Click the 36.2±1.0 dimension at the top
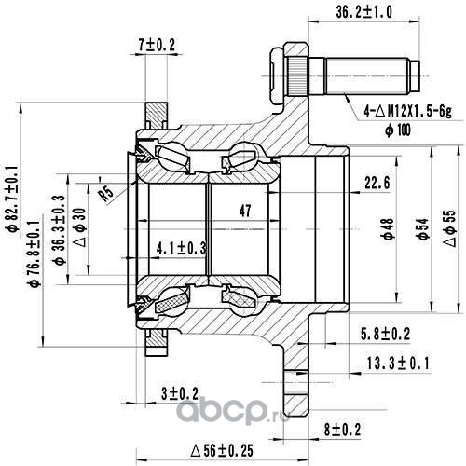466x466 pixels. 363,12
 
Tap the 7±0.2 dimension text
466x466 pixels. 157,45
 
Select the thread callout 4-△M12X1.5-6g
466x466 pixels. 408,111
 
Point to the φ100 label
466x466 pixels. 398,130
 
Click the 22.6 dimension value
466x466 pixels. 377,183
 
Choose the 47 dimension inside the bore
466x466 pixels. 245,211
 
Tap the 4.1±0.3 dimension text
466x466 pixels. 182,249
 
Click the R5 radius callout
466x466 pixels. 105,194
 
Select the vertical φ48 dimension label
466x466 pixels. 388,229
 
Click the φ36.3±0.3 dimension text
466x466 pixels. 59,230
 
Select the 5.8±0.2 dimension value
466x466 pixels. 385,335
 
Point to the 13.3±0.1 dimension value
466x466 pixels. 398,363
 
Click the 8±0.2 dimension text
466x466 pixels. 342,431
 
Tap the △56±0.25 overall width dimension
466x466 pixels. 222,450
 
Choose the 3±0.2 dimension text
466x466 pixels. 180,394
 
